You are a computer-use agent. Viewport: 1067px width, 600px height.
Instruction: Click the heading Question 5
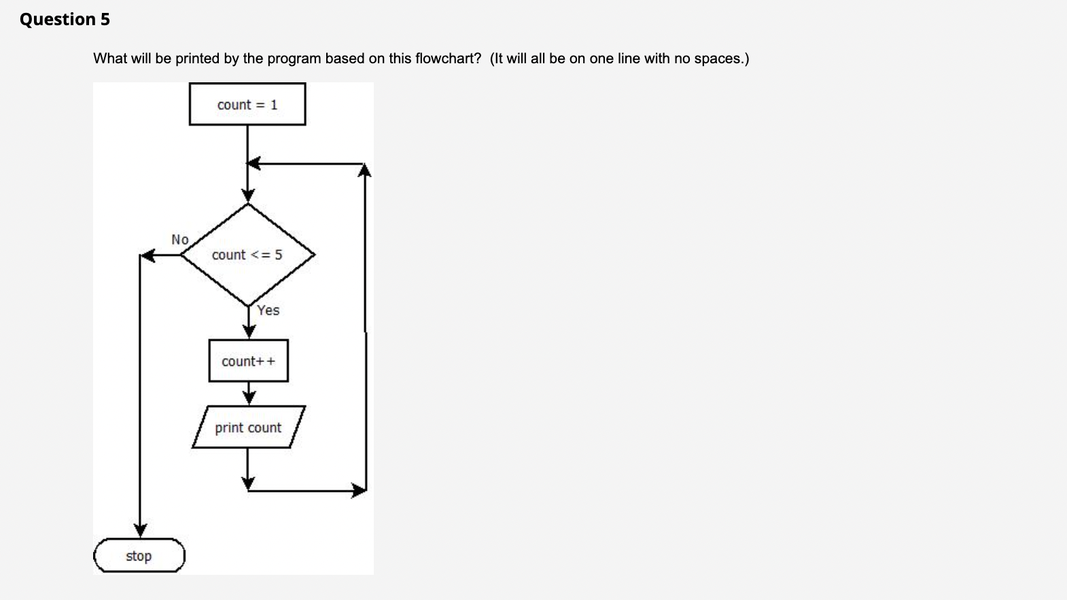(x=65, y=19)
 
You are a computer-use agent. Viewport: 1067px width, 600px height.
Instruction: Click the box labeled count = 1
(x=247, y=105)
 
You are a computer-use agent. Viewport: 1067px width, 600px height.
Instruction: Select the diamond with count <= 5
(x=247, y=255)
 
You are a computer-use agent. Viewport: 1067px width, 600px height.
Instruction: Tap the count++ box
(x=248, y=361)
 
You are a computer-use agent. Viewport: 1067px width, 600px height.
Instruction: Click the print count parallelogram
(x=248, y=428)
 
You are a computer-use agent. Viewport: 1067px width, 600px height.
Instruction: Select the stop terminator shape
(x=139, y=556)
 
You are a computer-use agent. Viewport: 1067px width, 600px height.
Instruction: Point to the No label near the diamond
(x=180, y=239)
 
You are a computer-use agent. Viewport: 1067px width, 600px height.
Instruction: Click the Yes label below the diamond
(x=268, y=310)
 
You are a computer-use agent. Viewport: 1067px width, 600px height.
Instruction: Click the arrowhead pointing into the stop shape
(x=140, y=531)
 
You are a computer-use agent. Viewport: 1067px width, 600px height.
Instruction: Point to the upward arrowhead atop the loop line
(x=365, y=169)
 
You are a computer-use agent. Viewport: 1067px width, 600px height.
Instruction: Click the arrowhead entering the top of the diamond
(x=248, y=196)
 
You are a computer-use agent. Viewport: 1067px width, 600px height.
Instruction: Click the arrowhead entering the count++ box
(x=249, y=332)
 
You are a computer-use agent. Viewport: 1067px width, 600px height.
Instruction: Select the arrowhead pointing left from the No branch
(x=147, y=256)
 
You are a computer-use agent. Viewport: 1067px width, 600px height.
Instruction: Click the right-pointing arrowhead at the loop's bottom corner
(x=360, y=490)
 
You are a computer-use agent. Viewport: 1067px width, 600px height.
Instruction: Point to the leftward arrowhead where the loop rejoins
(x=253, y=163)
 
